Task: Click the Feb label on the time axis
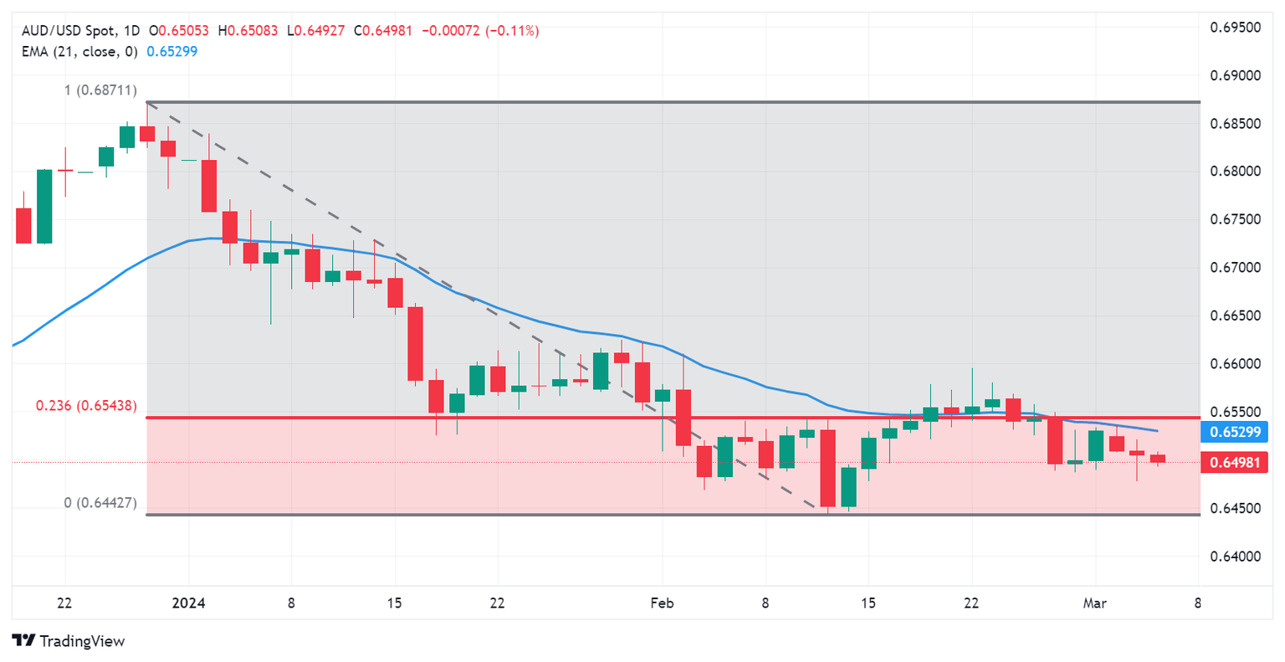(662, 603)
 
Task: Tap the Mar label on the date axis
(1094, 603)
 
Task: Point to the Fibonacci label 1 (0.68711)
(100, 90)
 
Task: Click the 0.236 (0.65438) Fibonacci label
(86, 406)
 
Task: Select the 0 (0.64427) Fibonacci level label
(100, 503)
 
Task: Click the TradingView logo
(69, 641)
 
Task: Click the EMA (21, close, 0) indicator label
(79, 51)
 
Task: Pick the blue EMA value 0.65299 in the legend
(172, 51)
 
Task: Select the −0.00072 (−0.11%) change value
(480, 31)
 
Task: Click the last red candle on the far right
(1157, 458)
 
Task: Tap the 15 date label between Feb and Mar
(868, 603)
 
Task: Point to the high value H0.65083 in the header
(248, 31)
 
